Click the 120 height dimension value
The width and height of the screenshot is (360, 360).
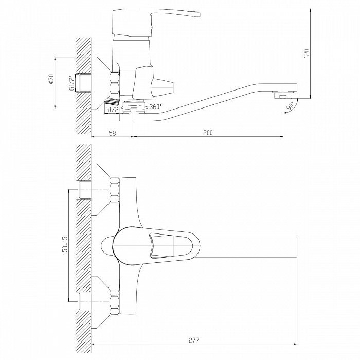[307, 53]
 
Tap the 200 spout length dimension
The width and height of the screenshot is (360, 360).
[208, 133]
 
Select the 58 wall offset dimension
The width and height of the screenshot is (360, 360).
[112, 133]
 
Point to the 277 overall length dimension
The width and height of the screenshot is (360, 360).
[194, 340]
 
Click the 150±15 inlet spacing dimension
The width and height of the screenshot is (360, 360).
[65, 245]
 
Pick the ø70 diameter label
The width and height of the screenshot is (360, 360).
[51, 79]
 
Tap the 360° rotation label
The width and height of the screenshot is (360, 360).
[155, 107]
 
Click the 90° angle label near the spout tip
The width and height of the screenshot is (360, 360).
[291, 106]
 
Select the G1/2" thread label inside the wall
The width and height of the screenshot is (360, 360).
[72, 83]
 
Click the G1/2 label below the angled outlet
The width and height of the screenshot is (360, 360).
[112, 110]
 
